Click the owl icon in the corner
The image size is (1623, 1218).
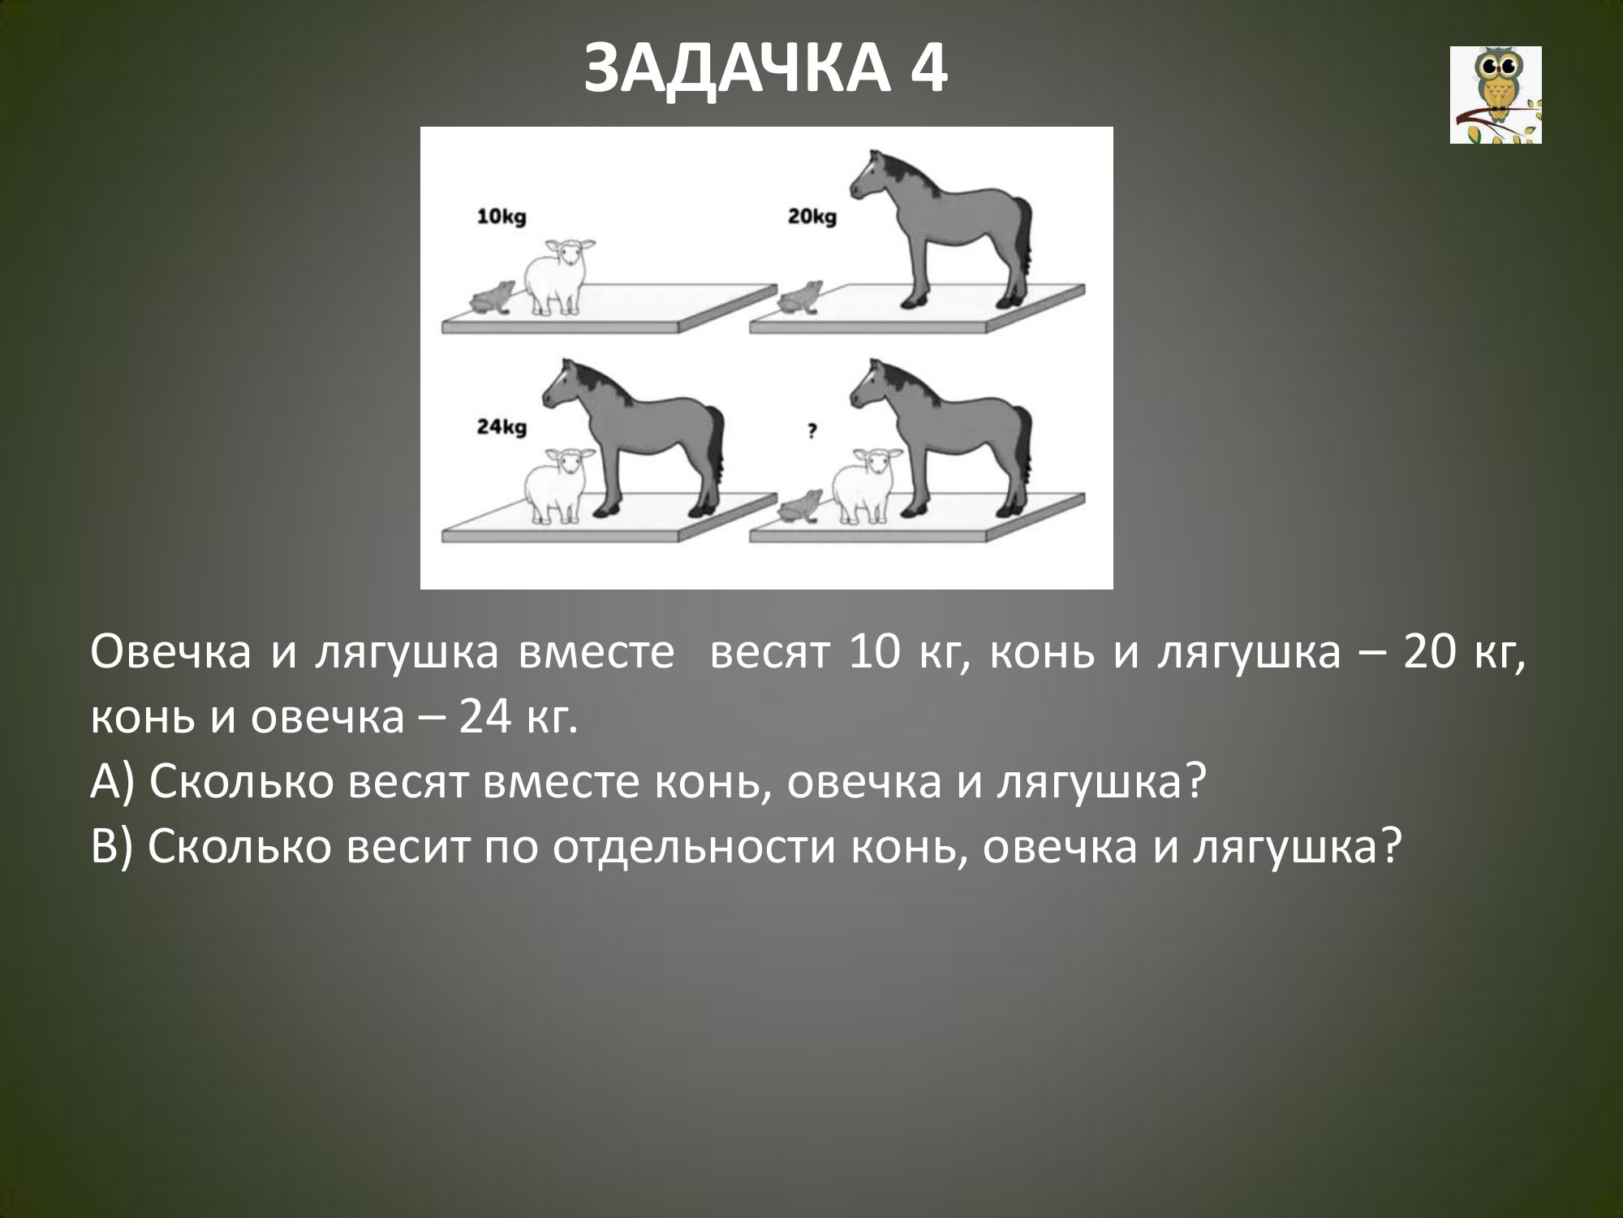coord(1496,95)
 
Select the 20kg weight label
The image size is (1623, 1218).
coord(811,217)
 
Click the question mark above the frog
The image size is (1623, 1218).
coord(811,432)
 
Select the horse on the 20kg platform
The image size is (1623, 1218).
coord(941,228)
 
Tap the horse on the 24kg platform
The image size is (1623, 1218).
coord(633,438)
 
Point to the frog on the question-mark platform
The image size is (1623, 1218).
coord(800,507)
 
